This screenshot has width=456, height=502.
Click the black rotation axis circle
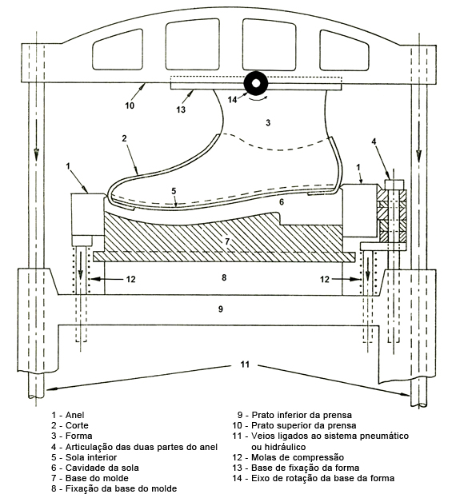256,83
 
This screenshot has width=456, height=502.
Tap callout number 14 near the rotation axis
232,100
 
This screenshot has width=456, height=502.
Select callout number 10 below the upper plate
130,106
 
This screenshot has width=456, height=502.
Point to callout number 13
181,110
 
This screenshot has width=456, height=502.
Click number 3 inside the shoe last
268,122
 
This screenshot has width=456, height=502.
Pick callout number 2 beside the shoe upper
124,138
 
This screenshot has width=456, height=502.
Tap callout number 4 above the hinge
374,141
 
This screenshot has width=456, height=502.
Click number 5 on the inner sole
174,191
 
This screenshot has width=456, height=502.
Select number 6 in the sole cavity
282,202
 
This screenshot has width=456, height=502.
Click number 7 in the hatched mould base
227,241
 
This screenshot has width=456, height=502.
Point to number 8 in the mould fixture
224,277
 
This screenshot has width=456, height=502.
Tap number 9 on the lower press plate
221,309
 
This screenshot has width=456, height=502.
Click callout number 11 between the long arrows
245,365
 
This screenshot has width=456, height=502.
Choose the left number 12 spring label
130,279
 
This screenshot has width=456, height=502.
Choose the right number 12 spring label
325,279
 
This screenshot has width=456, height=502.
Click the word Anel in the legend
74,415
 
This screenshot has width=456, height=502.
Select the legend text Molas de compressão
298,457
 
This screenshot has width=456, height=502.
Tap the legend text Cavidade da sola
102,468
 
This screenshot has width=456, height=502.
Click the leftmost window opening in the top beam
118,50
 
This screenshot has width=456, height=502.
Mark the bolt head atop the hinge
394,185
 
